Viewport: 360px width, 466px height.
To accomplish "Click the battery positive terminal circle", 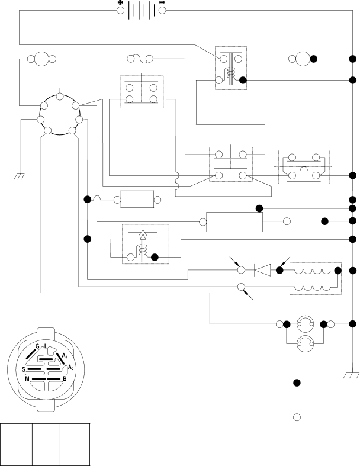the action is (120, 11).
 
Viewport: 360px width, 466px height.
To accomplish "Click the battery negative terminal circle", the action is (162, 11).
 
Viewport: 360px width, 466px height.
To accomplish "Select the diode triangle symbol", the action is (263, 270).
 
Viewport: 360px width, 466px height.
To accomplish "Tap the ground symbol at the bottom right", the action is (351, 375).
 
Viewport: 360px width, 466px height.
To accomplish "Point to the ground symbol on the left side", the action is (20, 176).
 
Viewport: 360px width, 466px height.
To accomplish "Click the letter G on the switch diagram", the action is (37, 346).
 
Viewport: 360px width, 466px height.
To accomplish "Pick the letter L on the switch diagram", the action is (46, 346).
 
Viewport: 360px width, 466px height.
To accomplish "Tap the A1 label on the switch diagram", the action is (65, 355).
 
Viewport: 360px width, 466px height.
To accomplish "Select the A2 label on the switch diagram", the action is (70, 368).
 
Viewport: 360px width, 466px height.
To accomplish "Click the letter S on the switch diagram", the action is (24, 369).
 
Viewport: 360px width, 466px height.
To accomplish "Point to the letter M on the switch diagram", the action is (27, 379).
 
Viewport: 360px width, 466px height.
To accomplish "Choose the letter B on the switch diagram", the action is (65, 379).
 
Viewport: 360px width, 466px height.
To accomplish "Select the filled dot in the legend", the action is (297, 383).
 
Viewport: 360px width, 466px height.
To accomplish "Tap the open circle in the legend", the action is (297, 417).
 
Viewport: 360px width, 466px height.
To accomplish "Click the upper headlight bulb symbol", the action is (305, 324).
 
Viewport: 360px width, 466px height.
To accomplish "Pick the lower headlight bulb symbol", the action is (305, 344).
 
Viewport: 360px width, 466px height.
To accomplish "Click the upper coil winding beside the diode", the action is (312, 272).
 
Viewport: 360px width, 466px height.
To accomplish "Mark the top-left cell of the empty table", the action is (17, 436).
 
